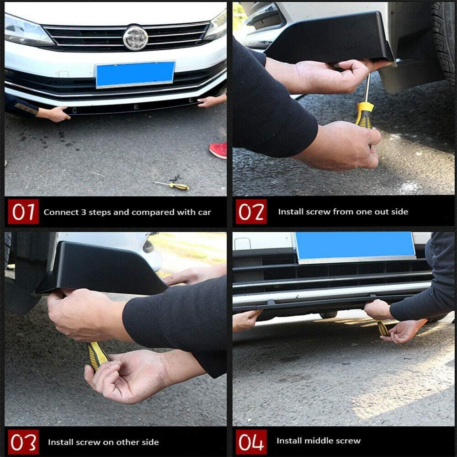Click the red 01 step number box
(23, 212)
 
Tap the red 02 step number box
(251, 212)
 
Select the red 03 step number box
(23, 442)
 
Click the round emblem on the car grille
(135, 38)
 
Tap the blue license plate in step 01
(135, 74)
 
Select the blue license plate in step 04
(355, 246)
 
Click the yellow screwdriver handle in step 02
(365, 115)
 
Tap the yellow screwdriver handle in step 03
(98, 356)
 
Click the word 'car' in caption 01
(204, 213)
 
